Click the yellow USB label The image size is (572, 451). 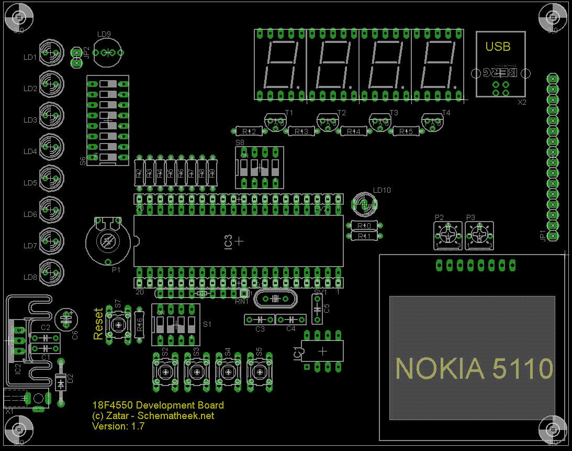coord(498,47)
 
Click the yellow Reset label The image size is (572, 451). coord(98,324)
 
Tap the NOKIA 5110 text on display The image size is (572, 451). coord(474,368)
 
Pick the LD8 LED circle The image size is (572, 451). coord(52,273)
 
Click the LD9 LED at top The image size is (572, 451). coord(108,53)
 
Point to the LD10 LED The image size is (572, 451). coord(364,204)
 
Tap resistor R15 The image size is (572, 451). coord(406,131)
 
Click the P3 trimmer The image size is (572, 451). coord(479,235)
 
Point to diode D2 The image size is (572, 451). coord(61,383)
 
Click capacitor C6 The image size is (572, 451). coord(66,317)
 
